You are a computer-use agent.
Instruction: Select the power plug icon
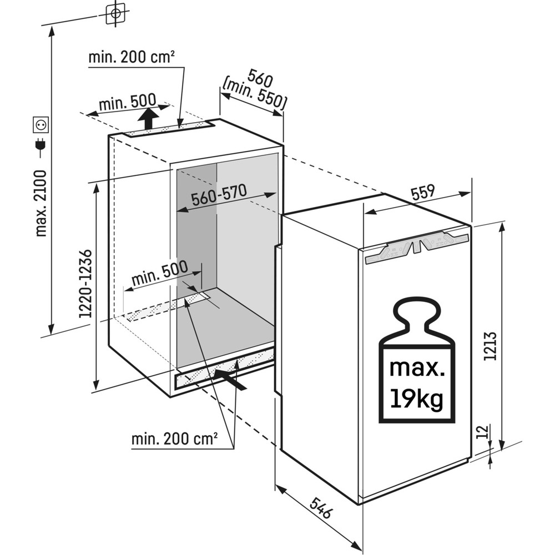pos(41,145)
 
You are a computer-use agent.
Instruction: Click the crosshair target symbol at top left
pos(115,13)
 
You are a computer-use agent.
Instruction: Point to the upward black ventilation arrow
pos(148,118)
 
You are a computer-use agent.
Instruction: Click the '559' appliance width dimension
pos(423,193)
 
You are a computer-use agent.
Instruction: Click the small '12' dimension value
pos(482,431)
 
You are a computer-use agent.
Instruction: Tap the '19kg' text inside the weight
pos(416,398)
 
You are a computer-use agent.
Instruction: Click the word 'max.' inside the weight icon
pos(416,367)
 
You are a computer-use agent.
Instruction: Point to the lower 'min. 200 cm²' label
pos(174,440)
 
